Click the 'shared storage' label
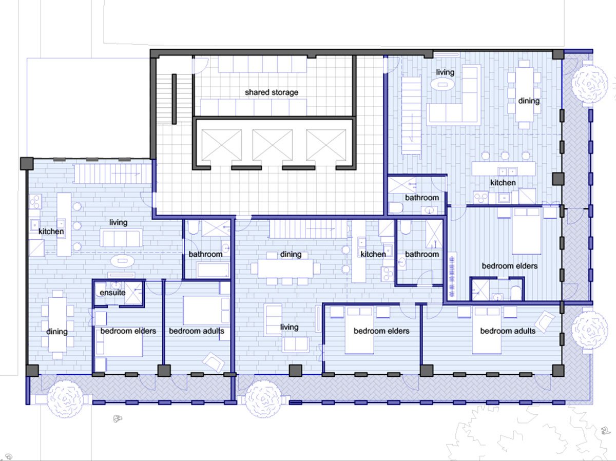point(272,92)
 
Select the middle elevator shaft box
point(272,145)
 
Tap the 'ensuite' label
point(112,293)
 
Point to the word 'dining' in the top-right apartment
point(529,101)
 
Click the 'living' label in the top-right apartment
point(445,72)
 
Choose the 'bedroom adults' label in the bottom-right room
point(508,331)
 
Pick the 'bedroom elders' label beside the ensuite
point(128,331)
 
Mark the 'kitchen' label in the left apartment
point(51,232)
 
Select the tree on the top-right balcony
point(589,84)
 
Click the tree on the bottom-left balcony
point(65,399)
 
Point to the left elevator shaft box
point(221,145)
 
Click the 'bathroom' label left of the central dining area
point(205,255)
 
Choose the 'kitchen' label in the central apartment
point(373,255)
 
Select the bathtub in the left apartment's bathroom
point(213,270)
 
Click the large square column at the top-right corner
point(558,54)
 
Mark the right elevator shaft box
point(326,145)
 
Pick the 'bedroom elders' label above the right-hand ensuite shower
point(510,266)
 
